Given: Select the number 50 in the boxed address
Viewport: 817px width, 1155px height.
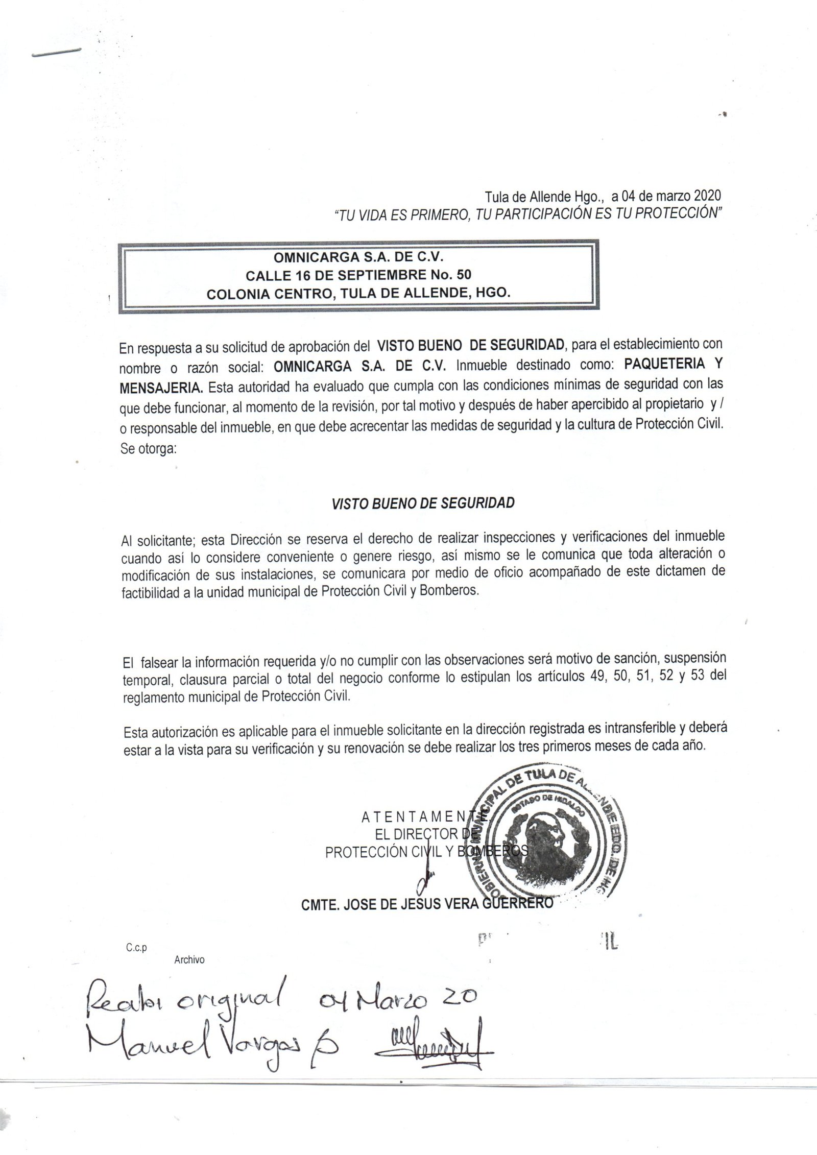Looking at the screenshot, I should (464, 275).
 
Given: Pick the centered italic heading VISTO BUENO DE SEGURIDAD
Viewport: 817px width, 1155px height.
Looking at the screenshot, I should (423, 503).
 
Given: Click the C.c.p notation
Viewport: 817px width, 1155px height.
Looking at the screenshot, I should (136, 948).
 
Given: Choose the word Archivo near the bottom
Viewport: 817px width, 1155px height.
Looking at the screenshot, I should (189, 960).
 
